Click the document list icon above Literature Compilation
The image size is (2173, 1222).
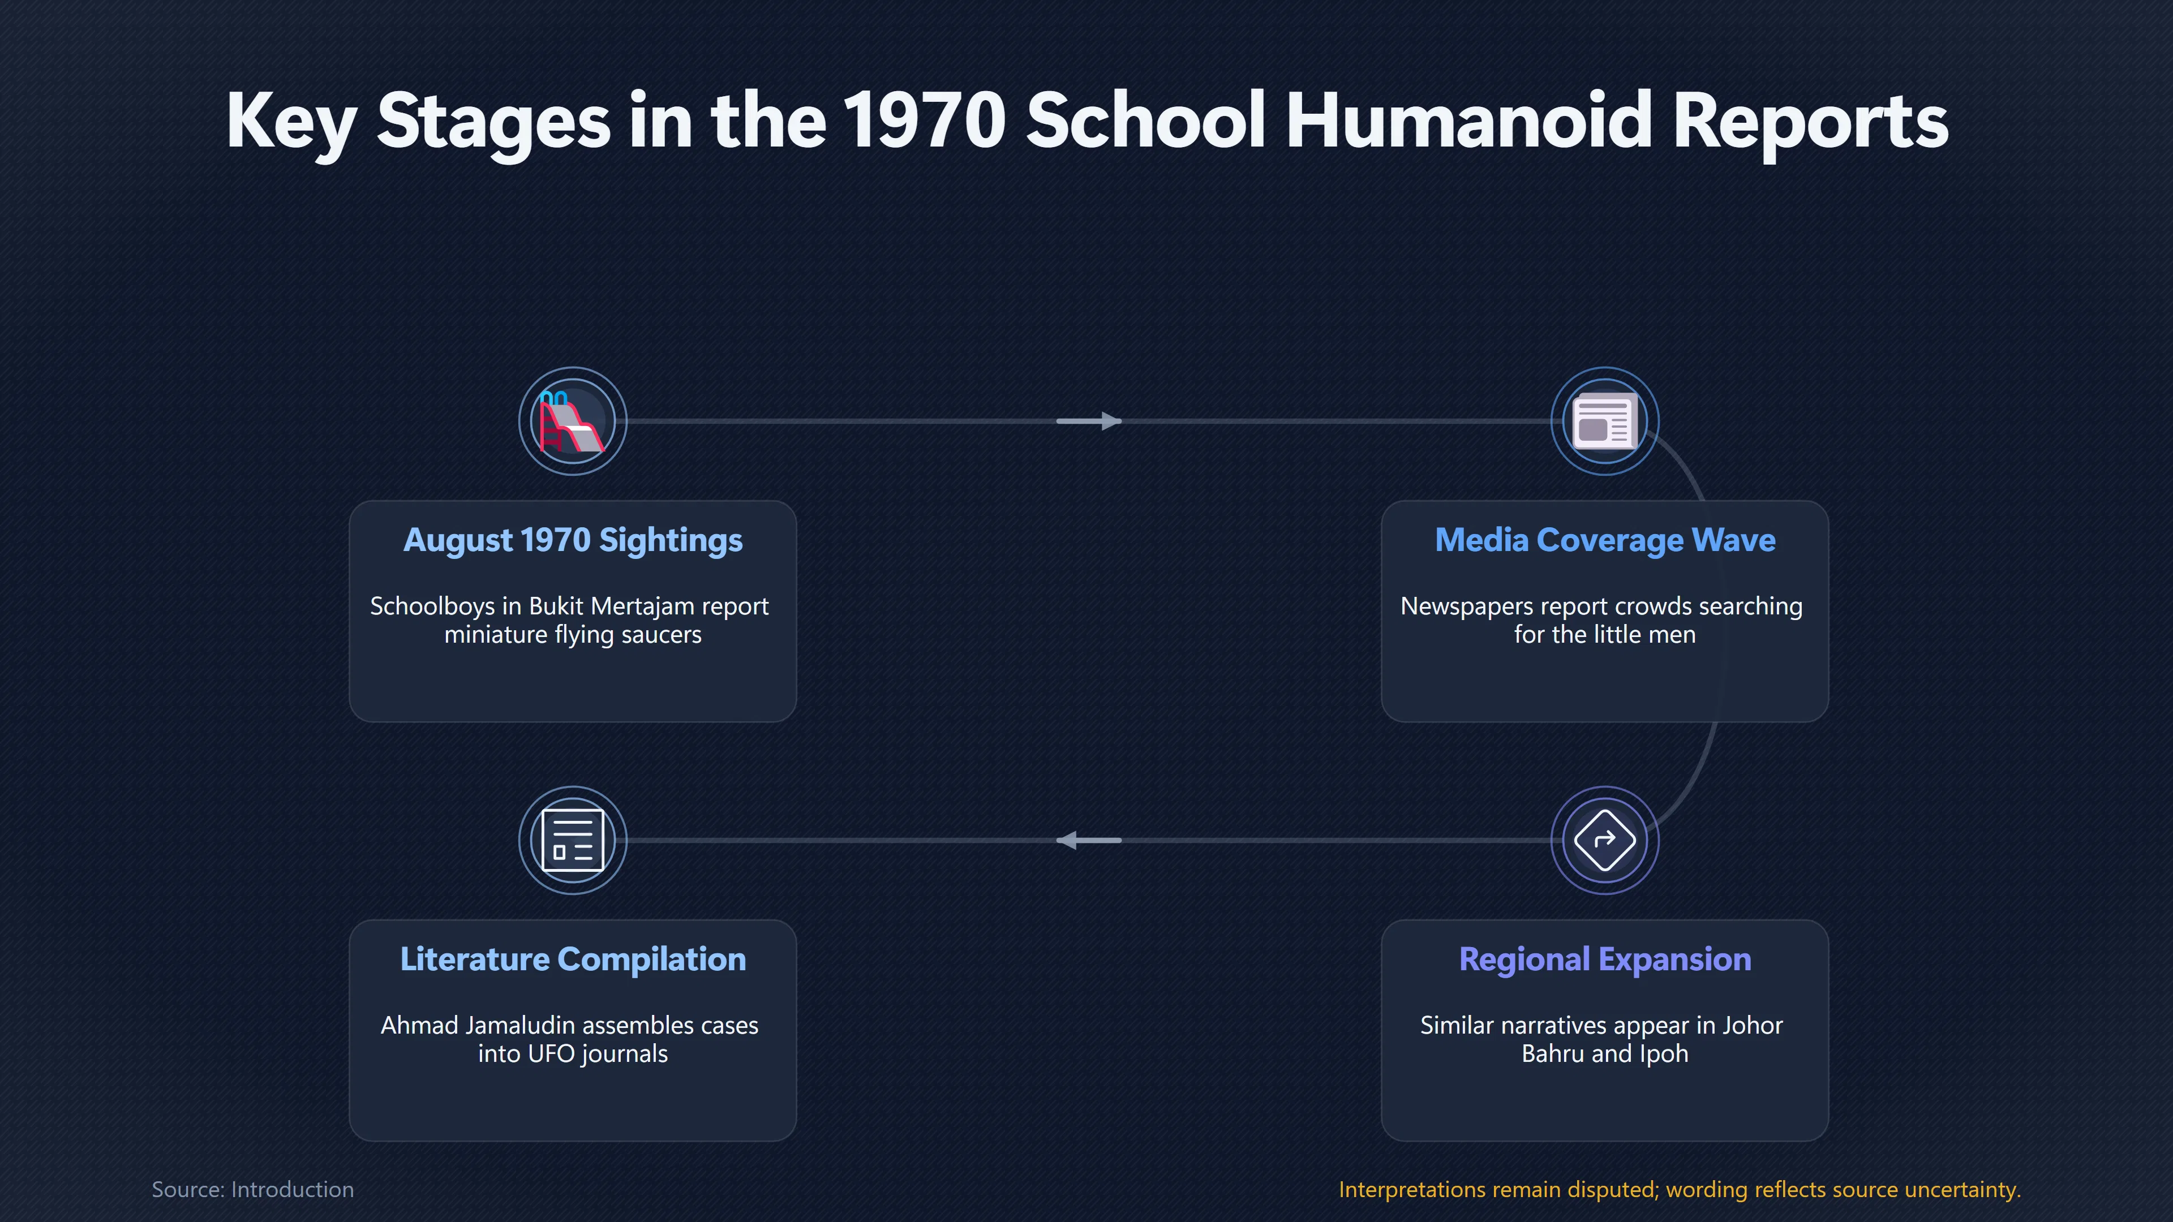(x=573, y=840)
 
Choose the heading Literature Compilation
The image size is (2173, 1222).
(x=573, y=959)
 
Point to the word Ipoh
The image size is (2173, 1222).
(x=1664, y=1054)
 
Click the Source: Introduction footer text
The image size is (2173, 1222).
(x=253, y=1189)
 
